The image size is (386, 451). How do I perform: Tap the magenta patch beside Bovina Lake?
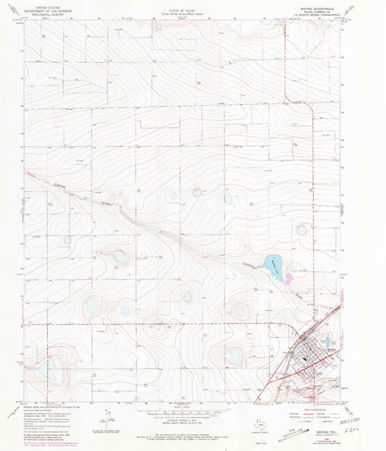290,277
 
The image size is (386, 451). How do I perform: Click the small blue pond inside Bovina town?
327,340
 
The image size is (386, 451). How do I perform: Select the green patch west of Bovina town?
259,313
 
